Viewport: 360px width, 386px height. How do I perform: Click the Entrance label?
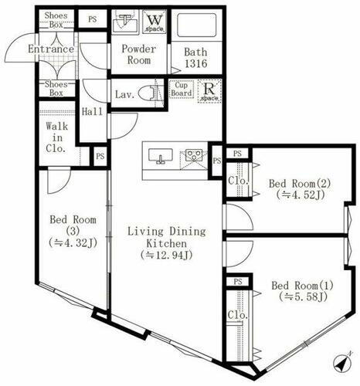pyautogui.click(x=50, y=49)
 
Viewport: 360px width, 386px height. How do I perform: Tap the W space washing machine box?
pyautogui.click(x=153, y=20)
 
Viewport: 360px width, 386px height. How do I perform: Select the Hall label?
pyautogui.click(x=93, y=112)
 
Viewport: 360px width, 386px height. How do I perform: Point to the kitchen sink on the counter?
pyautogui.click(x=161, y=157)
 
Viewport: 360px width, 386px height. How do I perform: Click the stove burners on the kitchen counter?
pyautogui.click(x=192, y=157)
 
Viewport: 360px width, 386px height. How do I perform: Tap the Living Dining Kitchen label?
pyautogui.click(x=166, y=237)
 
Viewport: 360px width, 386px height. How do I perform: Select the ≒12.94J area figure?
pyautogui.click(x=166, y=254)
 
